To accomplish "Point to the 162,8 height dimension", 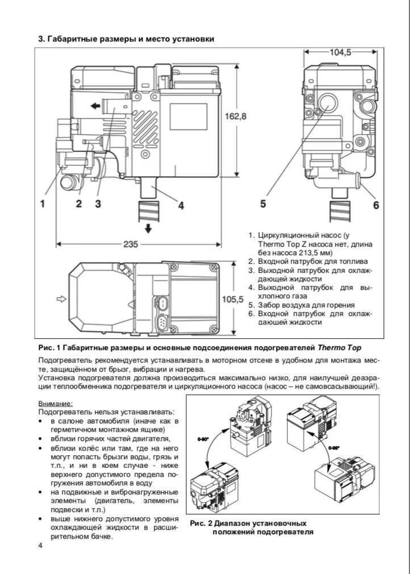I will [236, 116].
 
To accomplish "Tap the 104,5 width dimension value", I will [341, 52].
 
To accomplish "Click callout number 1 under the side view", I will [42, 204].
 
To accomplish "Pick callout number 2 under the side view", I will [79, 204].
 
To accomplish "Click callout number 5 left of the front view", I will [263, 203].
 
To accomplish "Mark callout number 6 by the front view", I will [375, 205].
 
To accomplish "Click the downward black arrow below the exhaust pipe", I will [148, 228].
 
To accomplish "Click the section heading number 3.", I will [40, 39].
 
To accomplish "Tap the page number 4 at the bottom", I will [40, 546].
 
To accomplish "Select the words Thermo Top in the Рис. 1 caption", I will [339, 347].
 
